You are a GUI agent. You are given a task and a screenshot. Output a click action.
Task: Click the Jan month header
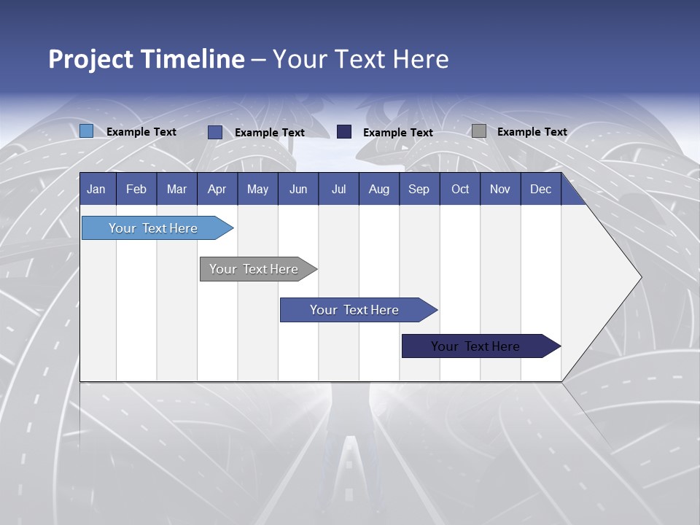coord(96,189)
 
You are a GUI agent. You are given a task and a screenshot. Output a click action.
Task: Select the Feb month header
coord(136,189)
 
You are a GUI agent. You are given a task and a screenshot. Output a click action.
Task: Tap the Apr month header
coord(217,189)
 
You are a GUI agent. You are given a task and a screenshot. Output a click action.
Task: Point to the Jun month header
coord(298,189)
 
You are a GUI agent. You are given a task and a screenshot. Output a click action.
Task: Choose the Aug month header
coord(378,189)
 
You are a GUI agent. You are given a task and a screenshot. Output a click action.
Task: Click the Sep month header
coord(419,189)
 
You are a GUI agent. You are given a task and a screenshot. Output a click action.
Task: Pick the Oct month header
coord(460,189)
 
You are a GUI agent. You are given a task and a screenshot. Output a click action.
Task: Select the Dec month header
coord(540,189)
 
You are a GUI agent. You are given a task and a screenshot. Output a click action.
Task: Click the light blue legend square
coord(87,131)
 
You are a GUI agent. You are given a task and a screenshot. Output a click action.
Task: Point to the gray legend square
coord(479,131)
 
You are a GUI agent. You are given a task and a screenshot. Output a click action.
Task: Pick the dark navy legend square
coord(344,132)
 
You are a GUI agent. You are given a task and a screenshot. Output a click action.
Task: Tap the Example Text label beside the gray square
coord(532,132)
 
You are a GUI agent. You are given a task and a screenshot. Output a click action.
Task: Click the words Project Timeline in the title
coord(147,59)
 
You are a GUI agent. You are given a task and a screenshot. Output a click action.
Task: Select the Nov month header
coord(500,189)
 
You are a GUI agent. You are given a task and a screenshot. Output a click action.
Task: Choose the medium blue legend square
coord(215,132)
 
